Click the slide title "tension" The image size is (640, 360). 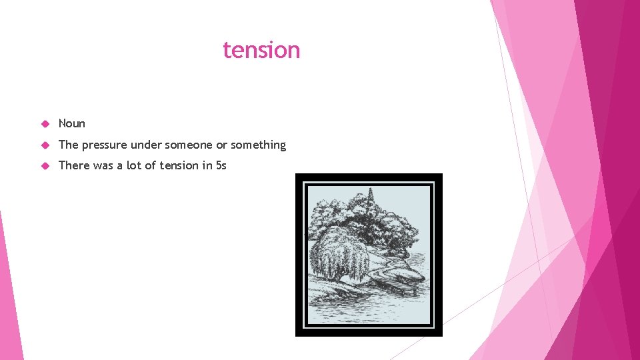point(261,50)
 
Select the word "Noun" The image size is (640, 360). point(72,123)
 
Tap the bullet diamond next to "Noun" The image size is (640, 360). point(45,123)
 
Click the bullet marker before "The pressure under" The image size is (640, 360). point(45,145)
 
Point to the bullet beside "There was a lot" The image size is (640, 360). point(45,165)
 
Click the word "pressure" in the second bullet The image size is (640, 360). point(104,145)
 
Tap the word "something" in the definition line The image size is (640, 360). point(258,145)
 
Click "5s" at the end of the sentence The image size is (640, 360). point(221,165)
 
